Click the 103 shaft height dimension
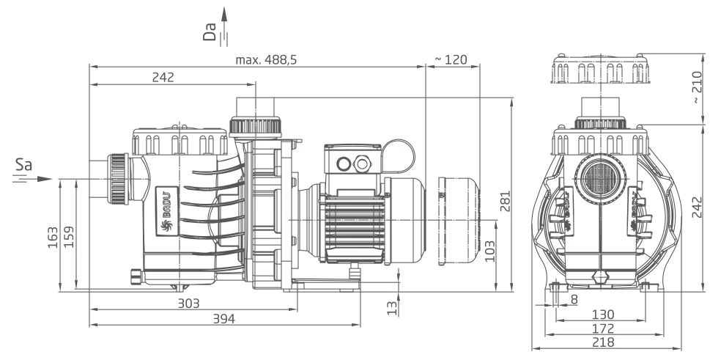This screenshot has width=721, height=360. coord(489,251)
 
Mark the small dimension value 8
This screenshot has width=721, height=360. coord(573,299)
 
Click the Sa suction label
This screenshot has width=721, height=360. coord(23,167)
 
